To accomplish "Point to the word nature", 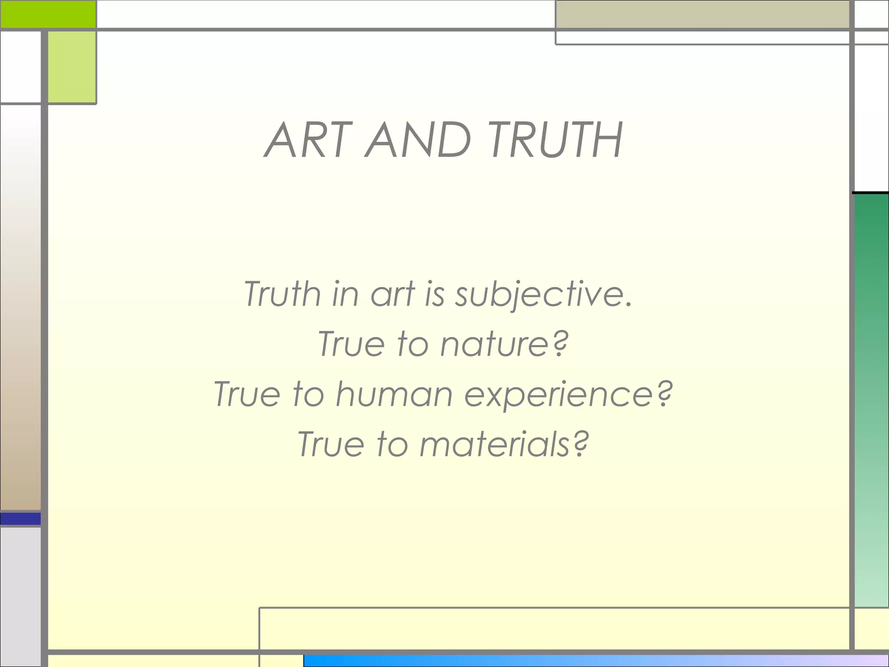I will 495,344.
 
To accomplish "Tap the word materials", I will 495,444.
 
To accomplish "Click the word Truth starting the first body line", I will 282,294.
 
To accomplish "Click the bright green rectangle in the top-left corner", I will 48,14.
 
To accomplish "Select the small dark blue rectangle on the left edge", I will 20,518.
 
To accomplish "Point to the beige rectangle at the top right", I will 702,14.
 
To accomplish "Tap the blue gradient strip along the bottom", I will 595,661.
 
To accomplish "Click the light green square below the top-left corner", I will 72,67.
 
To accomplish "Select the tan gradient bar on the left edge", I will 20,347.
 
